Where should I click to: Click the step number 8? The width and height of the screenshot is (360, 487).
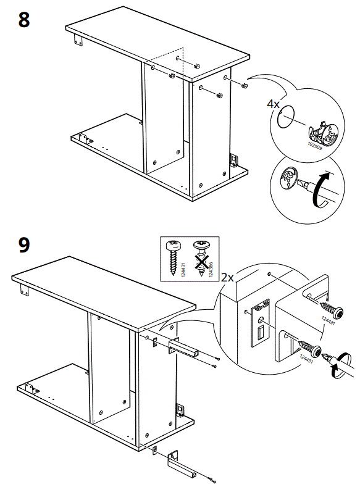[23, 20]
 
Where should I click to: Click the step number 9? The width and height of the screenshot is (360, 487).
[23, 244]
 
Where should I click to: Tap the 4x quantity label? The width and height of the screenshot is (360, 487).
[273, 104]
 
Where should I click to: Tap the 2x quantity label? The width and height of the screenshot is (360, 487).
[227, 278]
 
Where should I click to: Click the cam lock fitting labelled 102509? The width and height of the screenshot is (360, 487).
[322, 133]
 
